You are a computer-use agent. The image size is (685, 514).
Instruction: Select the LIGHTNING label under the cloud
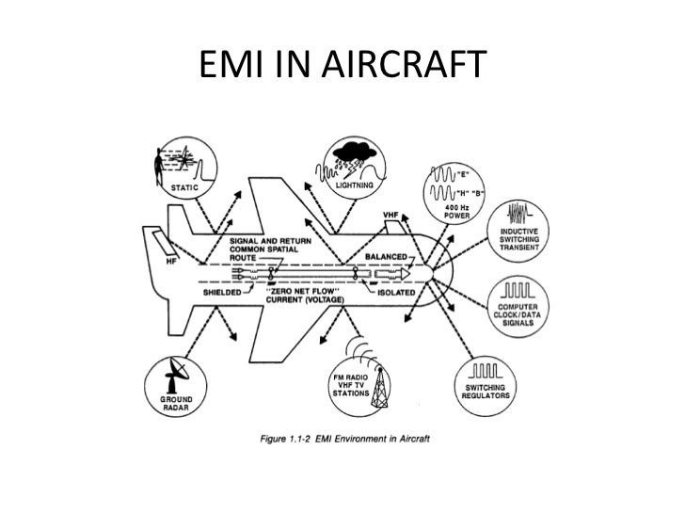(x=353, y=185)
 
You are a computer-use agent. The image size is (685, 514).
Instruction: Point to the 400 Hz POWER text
(x=457, y=211)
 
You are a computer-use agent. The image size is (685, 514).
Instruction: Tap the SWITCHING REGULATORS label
(x=486, y=392)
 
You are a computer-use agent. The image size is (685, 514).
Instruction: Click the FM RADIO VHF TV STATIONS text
(x=352, y=387)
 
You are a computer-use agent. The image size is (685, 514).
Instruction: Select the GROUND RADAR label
(x=172, y=403)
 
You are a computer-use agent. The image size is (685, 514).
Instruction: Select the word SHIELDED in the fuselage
(x=224, y=292)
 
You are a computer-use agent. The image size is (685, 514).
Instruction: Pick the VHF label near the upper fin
(x=391, y=215)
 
